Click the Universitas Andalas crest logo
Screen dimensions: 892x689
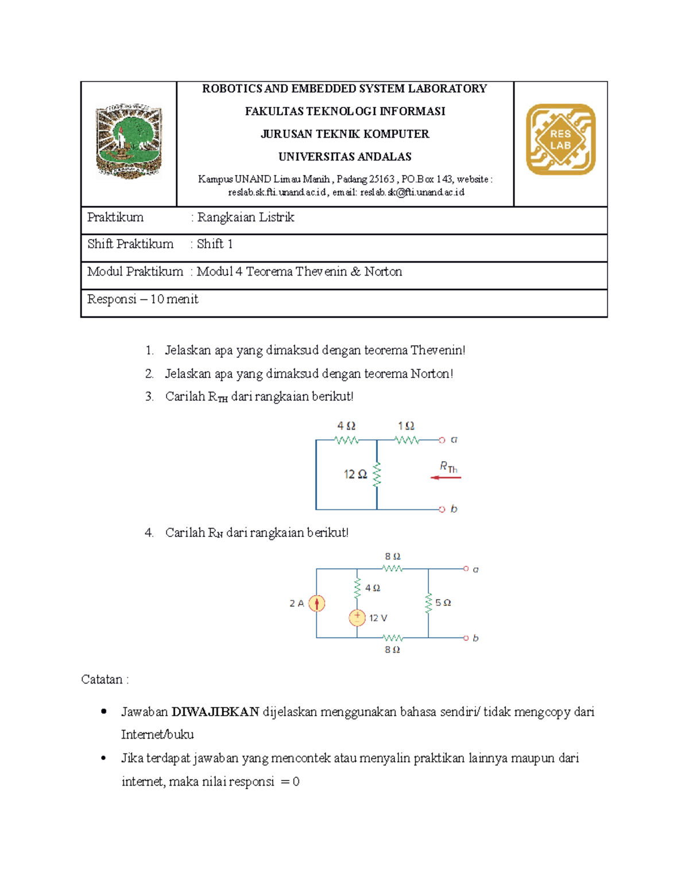coord(129,141)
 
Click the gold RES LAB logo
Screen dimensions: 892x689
coord(560,140)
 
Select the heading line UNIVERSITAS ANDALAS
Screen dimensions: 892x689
coord(344,157)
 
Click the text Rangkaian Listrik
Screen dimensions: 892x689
coord(246,217)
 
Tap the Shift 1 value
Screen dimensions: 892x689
coord(215,244)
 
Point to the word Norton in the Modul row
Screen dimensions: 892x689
coord(383,272)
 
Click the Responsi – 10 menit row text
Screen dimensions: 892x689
coord(143,299)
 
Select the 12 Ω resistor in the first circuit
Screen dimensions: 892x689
coord(377,475)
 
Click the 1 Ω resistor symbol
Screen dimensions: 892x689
coord(407,441)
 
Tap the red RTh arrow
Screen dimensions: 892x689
coord(446,477)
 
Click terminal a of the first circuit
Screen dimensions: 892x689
coord(442,441)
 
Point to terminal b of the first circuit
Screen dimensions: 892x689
coord(442,509)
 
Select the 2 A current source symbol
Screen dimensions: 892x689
coord(316,603)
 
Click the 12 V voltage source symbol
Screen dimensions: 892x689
coord(357,617)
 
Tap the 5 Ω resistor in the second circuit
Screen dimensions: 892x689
coord(428,603)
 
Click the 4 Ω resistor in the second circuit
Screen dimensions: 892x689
coord(357,588)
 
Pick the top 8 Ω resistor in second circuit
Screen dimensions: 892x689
coord(392,569)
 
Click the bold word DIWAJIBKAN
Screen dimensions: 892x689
coord(215,712)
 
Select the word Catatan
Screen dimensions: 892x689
coord(102,679)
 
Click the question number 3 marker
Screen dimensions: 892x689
coord(149,396)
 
